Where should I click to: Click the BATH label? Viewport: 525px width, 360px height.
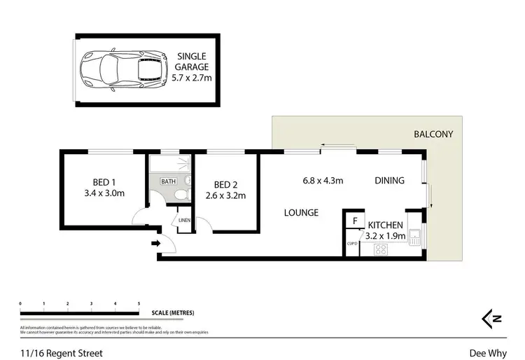coord(169,181)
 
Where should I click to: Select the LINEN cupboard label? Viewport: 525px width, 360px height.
coord(184,220)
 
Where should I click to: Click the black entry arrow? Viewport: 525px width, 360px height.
coord(155,244)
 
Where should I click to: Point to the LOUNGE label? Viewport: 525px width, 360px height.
coord(301,212)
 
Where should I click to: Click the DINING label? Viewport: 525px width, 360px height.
coord(389,181)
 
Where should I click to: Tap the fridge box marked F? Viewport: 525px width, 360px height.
coord(355,221)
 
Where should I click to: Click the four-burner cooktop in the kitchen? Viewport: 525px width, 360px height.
coord(382,249)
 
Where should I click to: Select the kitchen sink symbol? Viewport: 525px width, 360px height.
coord(414,237)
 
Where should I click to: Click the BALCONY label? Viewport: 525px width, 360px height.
coord(433,134)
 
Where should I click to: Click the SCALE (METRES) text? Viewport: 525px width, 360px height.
coord(168,312)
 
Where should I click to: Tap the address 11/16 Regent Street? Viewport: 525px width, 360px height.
coord(62,353)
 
